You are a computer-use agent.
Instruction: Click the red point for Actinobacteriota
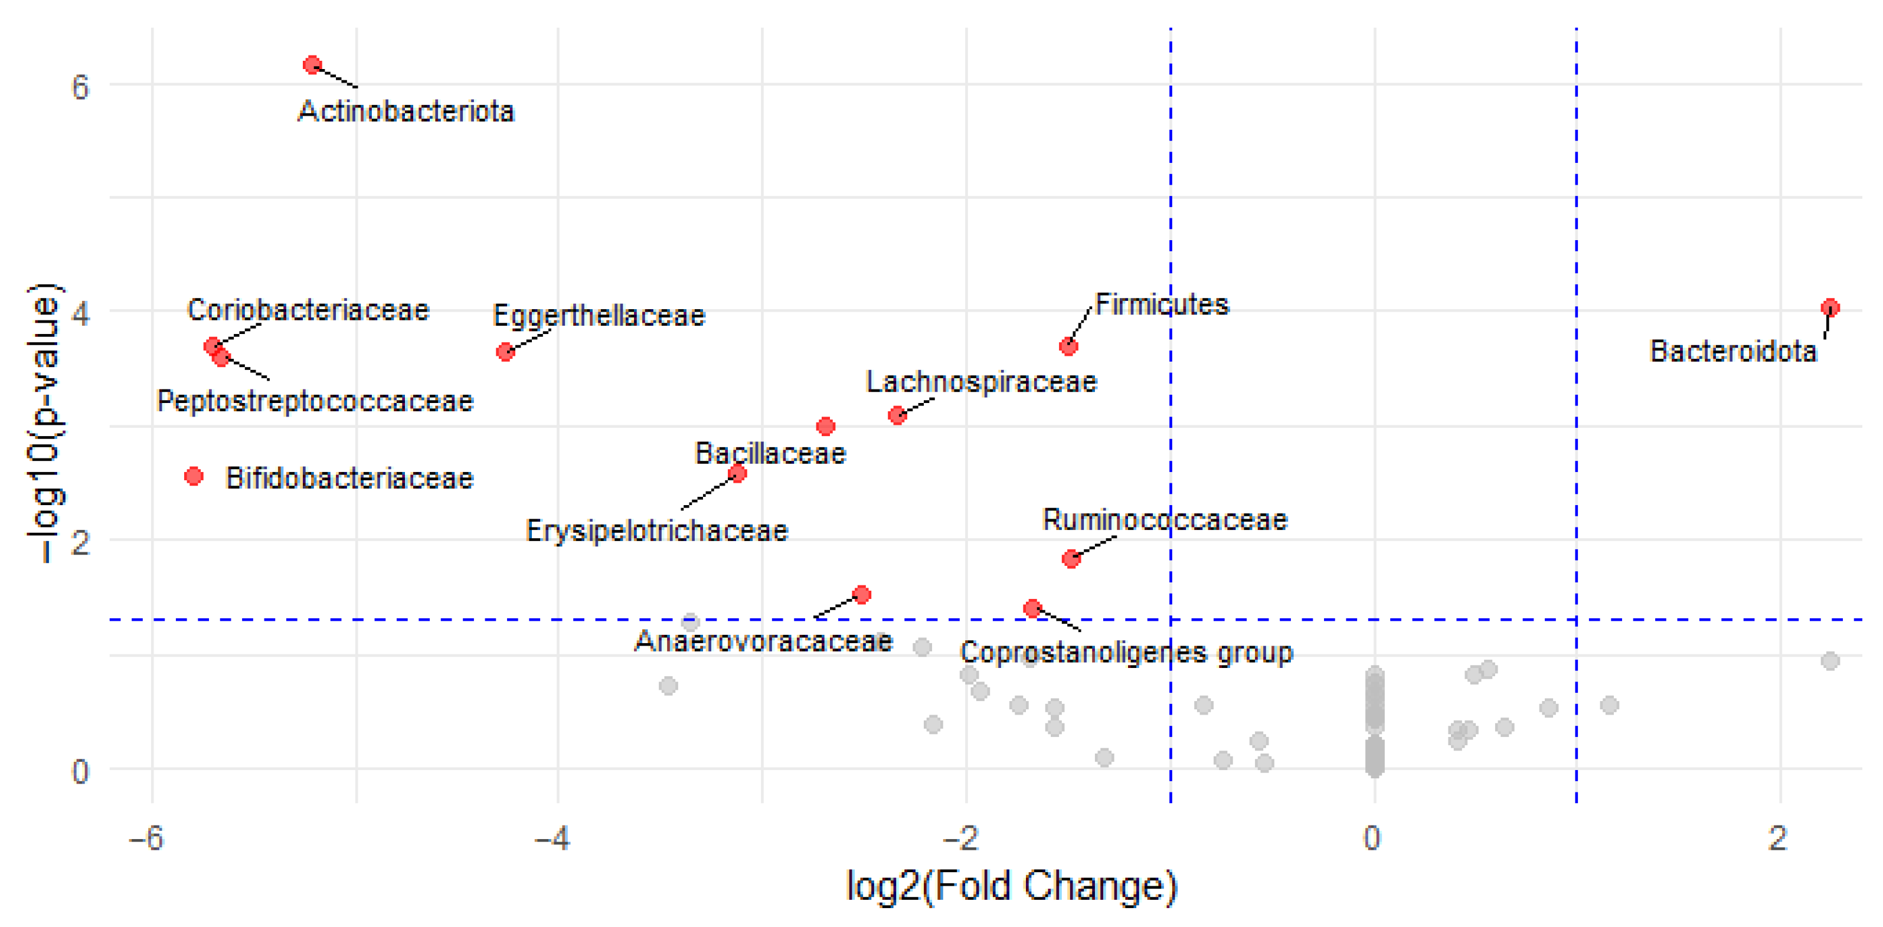312,65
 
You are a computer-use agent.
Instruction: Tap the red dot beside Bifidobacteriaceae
194,476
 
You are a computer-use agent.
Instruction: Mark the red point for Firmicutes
1068,346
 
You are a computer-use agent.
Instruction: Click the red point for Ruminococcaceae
1071,559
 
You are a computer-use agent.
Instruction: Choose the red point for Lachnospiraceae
897,415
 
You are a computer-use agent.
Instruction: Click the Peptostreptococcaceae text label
315,401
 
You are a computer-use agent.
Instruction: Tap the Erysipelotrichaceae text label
656,530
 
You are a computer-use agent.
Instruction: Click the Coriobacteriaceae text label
308,310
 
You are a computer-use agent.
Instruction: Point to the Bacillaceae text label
770,454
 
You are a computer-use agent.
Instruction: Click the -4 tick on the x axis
553,838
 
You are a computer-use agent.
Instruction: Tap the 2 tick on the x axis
1778,838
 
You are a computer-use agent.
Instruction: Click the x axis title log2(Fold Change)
1011,886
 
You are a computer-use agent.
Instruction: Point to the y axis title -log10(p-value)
45,422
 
